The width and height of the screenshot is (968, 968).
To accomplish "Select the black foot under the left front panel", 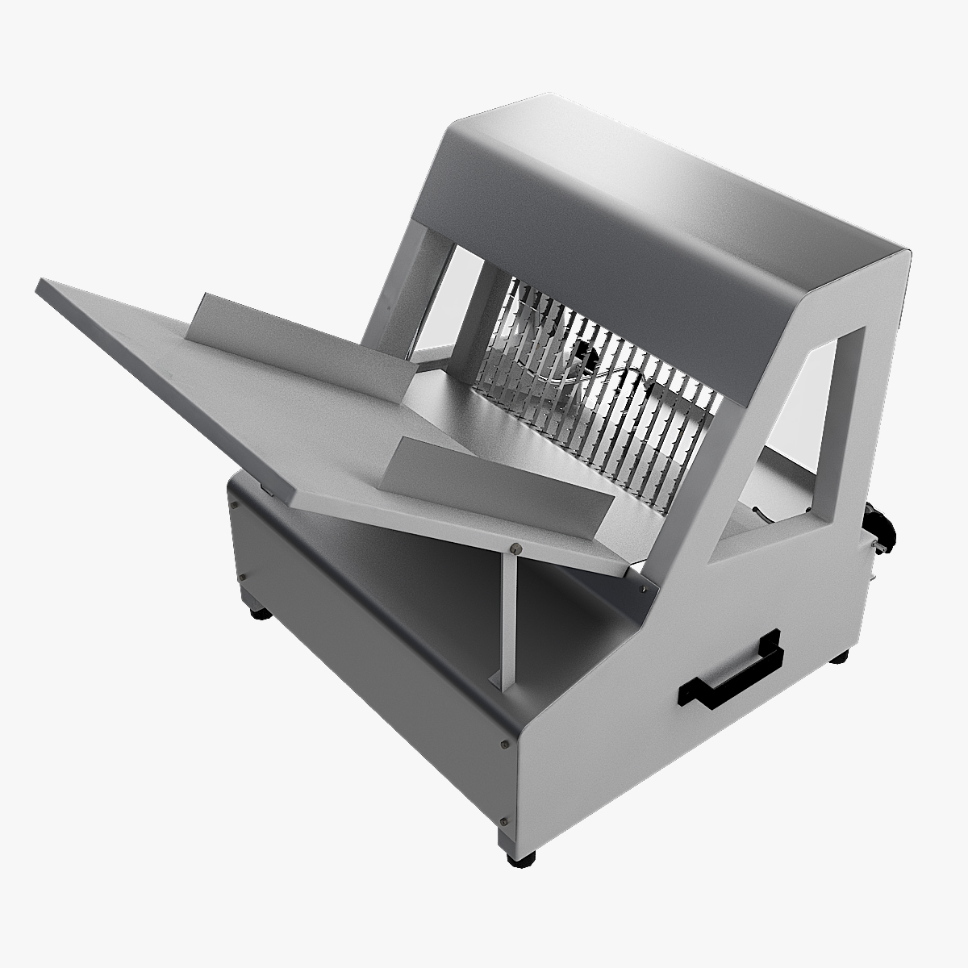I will coord(259,612).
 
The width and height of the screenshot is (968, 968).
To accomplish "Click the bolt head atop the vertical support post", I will coord(517,548).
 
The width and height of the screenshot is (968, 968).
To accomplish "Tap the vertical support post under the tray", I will coord(508,621).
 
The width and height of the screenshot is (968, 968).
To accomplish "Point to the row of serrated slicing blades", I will coord(597,379).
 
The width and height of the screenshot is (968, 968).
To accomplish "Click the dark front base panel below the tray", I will coord(363,645).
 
